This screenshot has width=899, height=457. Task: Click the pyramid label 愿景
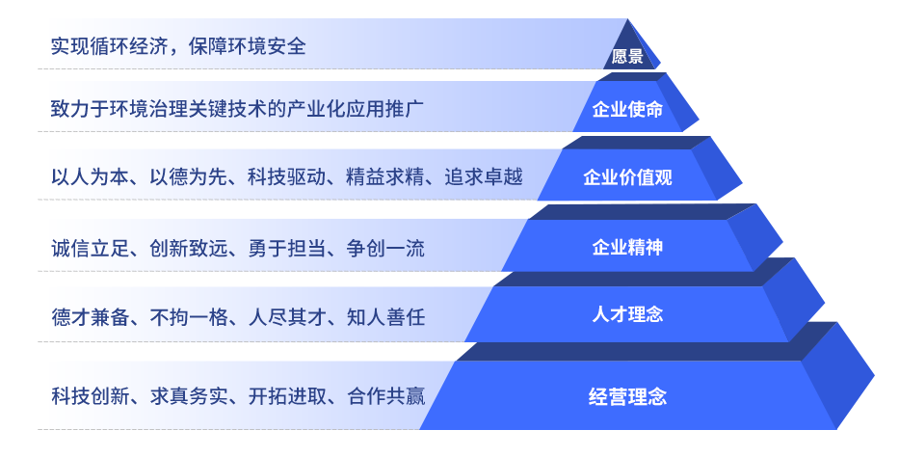(x=627, y=56)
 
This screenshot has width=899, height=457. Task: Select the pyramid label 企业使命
(x=627, y=109)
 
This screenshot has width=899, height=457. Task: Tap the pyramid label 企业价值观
(x=627, y=177)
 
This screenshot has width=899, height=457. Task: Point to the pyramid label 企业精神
(x=627, y=247)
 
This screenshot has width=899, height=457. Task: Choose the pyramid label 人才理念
(x=627, y=314)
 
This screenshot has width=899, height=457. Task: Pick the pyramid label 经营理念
(x=627, y=396)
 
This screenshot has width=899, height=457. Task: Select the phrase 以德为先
(x=189, y=177)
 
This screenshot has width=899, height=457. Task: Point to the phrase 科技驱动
(x=287, y=177)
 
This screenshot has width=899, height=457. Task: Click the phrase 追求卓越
(x=484, y=177)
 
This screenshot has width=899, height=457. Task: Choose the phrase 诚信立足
(x=90, y=249)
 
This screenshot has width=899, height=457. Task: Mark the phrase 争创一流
(x=385, y=249)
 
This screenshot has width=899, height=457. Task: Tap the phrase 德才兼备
(x=90, y=317)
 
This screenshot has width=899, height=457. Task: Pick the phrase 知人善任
(x=385, y=317)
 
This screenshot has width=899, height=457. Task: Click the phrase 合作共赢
(x=385, y=396)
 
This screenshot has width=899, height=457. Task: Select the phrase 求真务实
(x=189, y=396)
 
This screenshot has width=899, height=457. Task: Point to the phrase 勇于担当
(x=287, y=249)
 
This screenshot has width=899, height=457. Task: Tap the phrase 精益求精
(x=385, y=177)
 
